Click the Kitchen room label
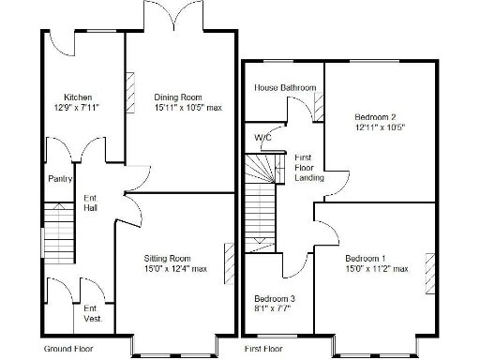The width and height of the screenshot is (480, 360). pos(77,97)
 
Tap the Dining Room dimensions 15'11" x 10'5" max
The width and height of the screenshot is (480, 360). pos(187,108)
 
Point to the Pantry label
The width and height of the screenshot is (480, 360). pos(60,180)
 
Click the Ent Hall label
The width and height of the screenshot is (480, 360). pos(91,202)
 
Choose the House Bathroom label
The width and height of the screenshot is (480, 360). pos(285,87)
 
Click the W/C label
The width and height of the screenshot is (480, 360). pos(263,138)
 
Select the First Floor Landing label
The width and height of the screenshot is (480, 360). pos(308,168)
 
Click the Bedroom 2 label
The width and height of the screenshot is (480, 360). pos(375,117)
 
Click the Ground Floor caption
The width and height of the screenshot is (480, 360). pos(68,348)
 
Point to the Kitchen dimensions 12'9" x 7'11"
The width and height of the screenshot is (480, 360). pos(77,108)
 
